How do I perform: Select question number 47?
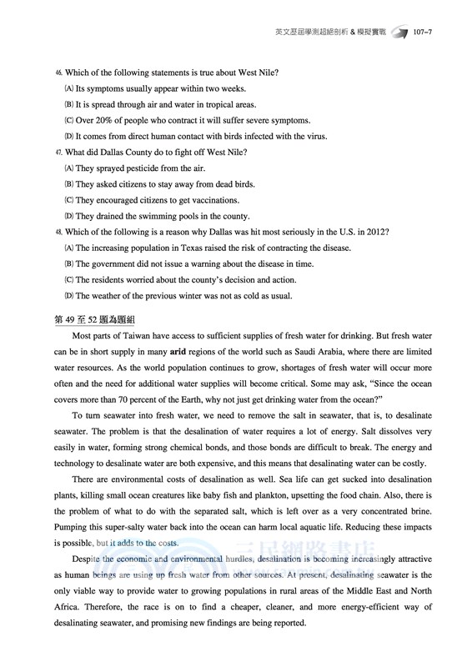pyautogui.click(x=58, y=152)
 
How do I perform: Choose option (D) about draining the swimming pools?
pyautogui.click(x=167, y=215)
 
